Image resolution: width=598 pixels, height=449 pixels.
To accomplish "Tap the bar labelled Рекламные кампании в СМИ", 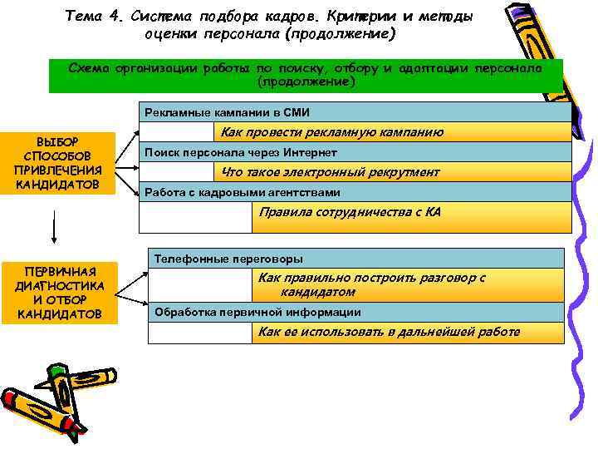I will pyautogui.click(x=355, y=112).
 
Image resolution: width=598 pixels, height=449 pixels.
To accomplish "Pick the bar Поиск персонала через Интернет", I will pyautogui.click(x=355, y=152).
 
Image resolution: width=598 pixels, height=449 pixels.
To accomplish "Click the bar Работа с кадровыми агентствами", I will pyautogui.click(x=355, y=192).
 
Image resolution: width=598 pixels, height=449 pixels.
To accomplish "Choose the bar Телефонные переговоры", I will pyautogui.click(x=355, y=258).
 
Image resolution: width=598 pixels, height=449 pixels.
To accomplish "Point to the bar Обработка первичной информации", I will pyautogui.click(x=355, y=312).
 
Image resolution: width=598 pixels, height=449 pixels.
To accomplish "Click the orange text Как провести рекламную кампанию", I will pyautogui.click(x=331, y=132).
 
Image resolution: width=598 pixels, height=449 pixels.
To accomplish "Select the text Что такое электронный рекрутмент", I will pyautogui.click(x=330, y=172).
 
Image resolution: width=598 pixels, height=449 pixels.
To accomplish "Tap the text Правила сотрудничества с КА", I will pyautogui.click(x=350, y=212).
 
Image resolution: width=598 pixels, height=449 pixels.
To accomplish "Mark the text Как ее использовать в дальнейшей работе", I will pyautogui.click(x=389, y=332).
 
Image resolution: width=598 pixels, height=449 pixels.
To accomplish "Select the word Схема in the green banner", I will pyautogui.click(x=88, y=68).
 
